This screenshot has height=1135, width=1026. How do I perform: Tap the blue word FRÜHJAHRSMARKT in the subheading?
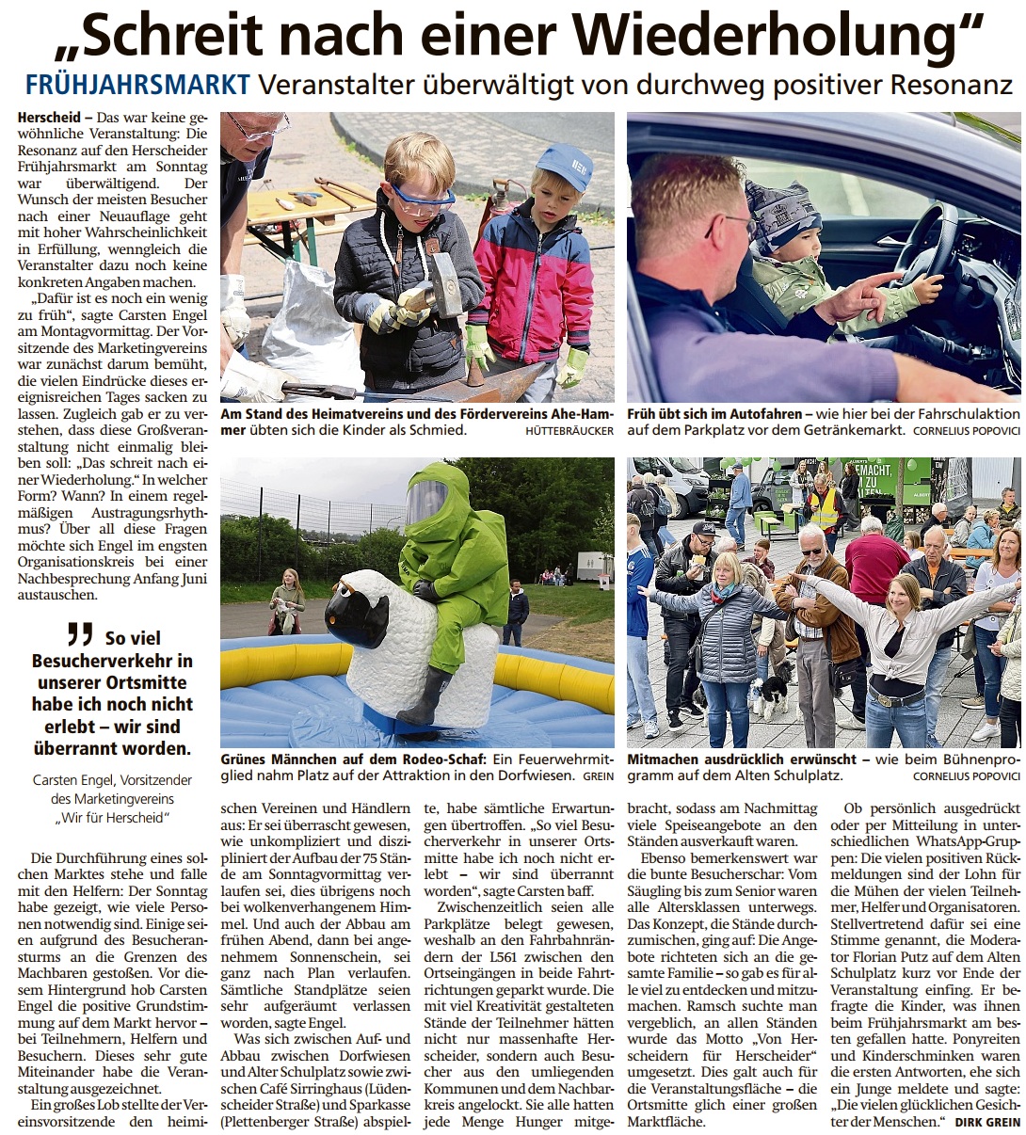coord(137,85)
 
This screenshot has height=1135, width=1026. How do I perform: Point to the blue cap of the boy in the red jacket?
coord(564,164)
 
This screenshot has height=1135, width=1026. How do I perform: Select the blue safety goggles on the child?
coord(422,200)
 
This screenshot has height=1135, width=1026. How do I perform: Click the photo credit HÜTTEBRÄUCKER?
coord(569,430)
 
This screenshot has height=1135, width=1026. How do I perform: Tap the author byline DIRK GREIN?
coord(987,1122)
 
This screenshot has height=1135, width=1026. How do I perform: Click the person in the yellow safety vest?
coord(825,509)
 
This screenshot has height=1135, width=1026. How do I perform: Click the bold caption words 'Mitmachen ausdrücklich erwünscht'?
coord(742,759)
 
